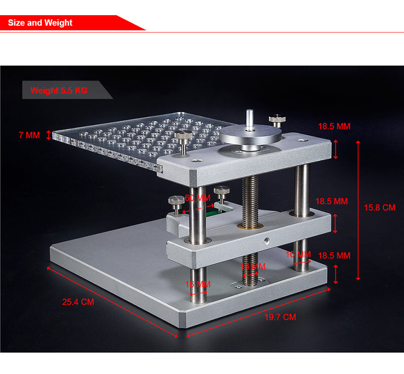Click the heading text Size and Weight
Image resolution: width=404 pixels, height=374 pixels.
(40, 23)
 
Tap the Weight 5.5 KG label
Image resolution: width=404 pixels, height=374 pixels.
(59, 91)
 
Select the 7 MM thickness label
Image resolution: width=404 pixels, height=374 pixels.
(29, 135)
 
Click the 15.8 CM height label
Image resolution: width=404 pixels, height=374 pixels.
(379, 207)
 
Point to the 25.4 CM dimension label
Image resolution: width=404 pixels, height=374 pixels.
(78, 302)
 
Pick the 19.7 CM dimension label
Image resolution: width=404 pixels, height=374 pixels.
(280, 317)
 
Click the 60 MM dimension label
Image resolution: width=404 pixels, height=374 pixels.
(197, 198)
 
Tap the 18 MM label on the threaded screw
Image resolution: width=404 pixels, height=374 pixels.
(252, 266)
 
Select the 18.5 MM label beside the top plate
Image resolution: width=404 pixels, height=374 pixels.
(334, 126)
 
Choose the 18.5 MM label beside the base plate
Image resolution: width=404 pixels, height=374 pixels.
(334, 256)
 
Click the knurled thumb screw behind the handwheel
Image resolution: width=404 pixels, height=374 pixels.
(277, 120)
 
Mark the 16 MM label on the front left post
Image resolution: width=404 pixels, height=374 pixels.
(197, 285)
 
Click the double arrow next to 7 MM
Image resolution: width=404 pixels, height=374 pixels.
(48, 135)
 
